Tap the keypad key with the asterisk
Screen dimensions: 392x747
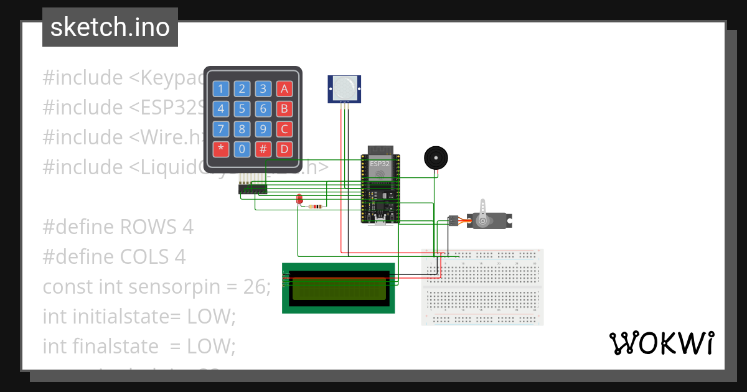(x=220, y=149)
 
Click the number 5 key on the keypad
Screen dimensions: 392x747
(x=242, y=109)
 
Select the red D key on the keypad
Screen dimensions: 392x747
(x=284, y=149)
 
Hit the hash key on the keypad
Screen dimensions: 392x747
(x=263, y=149)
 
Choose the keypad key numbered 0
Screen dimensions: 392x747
(x=242, y=149)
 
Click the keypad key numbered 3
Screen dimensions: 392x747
(x=263, y=88)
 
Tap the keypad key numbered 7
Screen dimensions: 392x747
(x=220, y=129)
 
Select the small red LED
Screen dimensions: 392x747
(x=299, y=199)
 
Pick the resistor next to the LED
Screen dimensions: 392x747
(x=317, y=207)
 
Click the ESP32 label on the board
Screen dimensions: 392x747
(x=380, y=164)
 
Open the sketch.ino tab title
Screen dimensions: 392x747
(x=110, y=27)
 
